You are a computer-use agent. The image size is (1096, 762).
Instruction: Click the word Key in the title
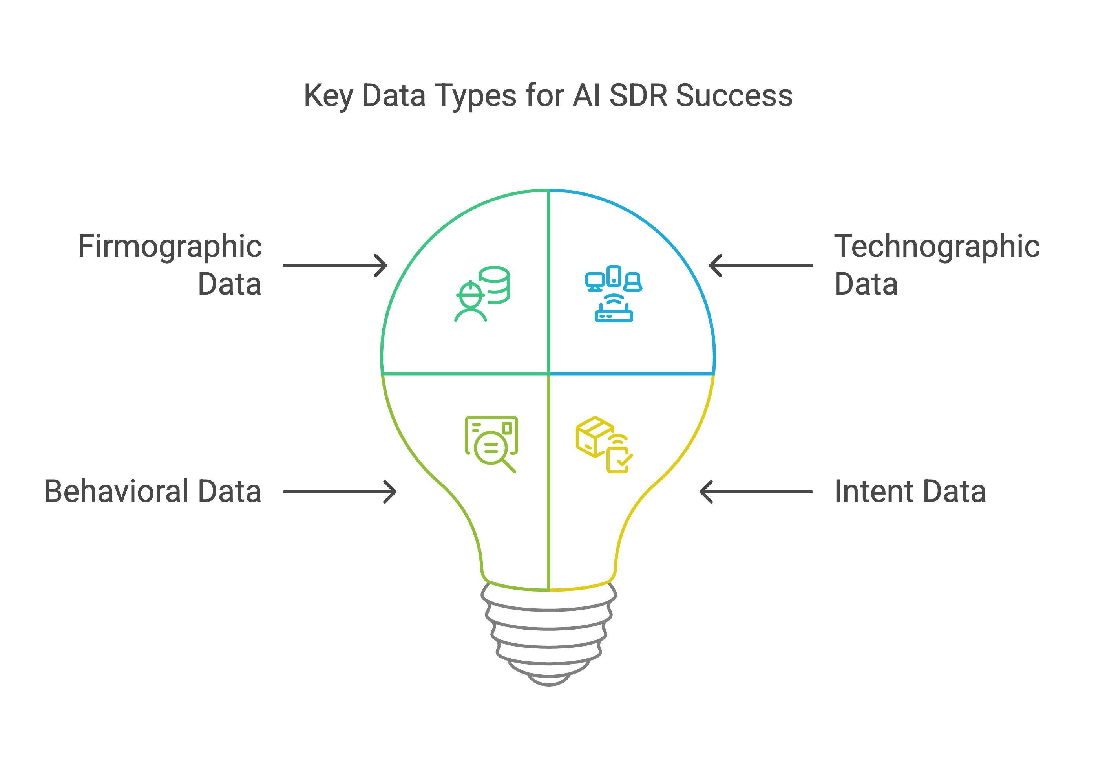(x=328, y=96)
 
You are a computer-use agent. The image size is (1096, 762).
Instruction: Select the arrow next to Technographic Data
(x=761, y=266)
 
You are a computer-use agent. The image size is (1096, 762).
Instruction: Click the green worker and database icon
(x=482, y=294)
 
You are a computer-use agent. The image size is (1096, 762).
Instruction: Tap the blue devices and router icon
(x=614, y=294)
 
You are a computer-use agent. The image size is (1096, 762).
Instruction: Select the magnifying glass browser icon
(x=491, y=443)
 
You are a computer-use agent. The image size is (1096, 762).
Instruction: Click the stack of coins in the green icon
(x=495, y=285)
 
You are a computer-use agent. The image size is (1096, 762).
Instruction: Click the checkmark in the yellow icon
(x=624, y=460)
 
